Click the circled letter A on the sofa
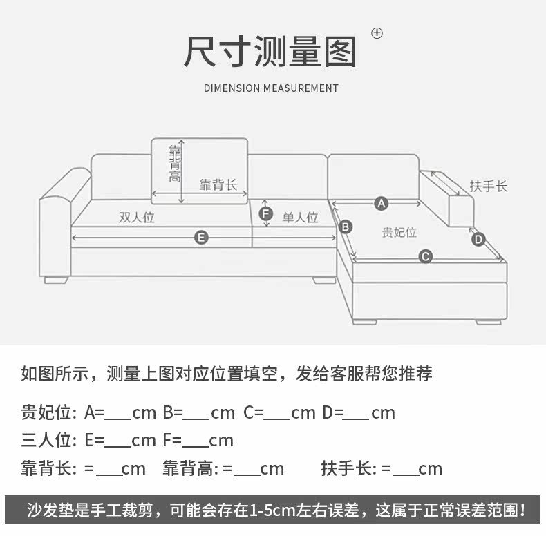(x=381, y=203)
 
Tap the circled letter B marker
(x=346, y=227)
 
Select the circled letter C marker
(x=426, y=257)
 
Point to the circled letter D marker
(x=479, y=240)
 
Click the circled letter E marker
(x=201, y=238)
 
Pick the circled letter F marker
(x=267, y=213)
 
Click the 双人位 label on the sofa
(x=137, y=217)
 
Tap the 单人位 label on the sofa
(x=301, y=217)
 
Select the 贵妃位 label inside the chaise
(x=399, y=232)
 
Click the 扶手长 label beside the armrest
(x=489, y=186)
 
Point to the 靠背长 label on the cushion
(x=218, y=184)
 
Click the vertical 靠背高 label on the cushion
(x=176, y=164)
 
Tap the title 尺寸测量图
(x=270, y=52)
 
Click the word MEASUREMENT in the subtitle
(x=301, y=88)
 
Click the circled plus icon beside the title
(x=377, y=32)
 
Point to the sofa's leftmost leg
(x=57, y=280)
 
